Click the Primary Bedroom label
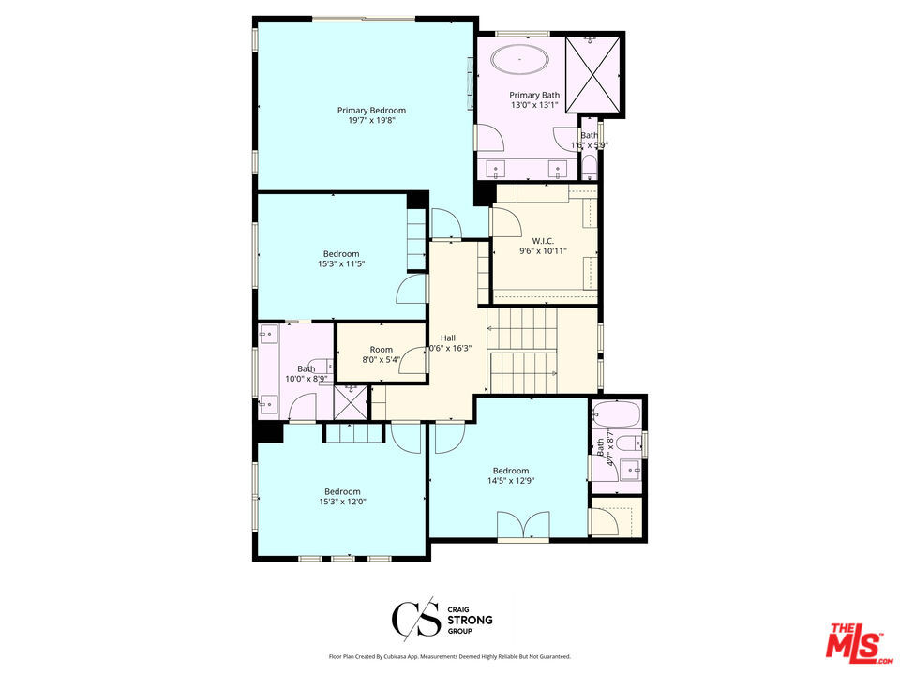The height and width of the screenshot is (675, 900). [371, 111]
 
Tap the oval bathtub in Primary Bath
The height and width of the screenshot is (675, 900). [520, 59]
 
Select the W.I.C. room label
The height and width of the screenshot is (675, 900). [543, 240]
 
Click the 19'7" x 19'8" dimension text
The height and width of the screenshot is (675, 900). [371, 120]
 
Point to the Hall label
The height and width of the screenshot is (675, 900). [448, 337]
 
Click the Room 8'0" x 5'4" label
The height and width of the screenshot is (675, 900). [381, 350]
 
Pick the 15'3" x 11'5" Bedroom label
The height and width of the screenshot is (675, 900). [341, 254]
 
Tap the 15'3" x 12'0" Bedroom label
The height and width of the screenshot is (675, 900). [342, 492]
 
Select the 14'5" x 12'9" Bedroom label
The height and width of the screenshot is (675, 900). [510, 472]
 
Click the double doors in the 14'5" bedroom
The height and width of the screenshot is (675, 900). [523, 527]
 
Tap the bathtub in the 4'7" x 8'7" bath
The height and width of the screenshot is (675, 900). [616, 413]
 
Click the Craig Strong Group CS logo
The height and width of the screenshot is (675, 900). [412, 620]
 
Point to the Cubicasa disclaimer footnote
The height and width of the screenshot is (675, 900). [449, 657]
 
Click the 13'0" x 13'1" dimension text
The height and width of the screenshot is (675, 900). [534, 105]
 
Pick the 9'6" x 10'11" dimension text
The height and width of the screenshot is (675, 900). [543, 250]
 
